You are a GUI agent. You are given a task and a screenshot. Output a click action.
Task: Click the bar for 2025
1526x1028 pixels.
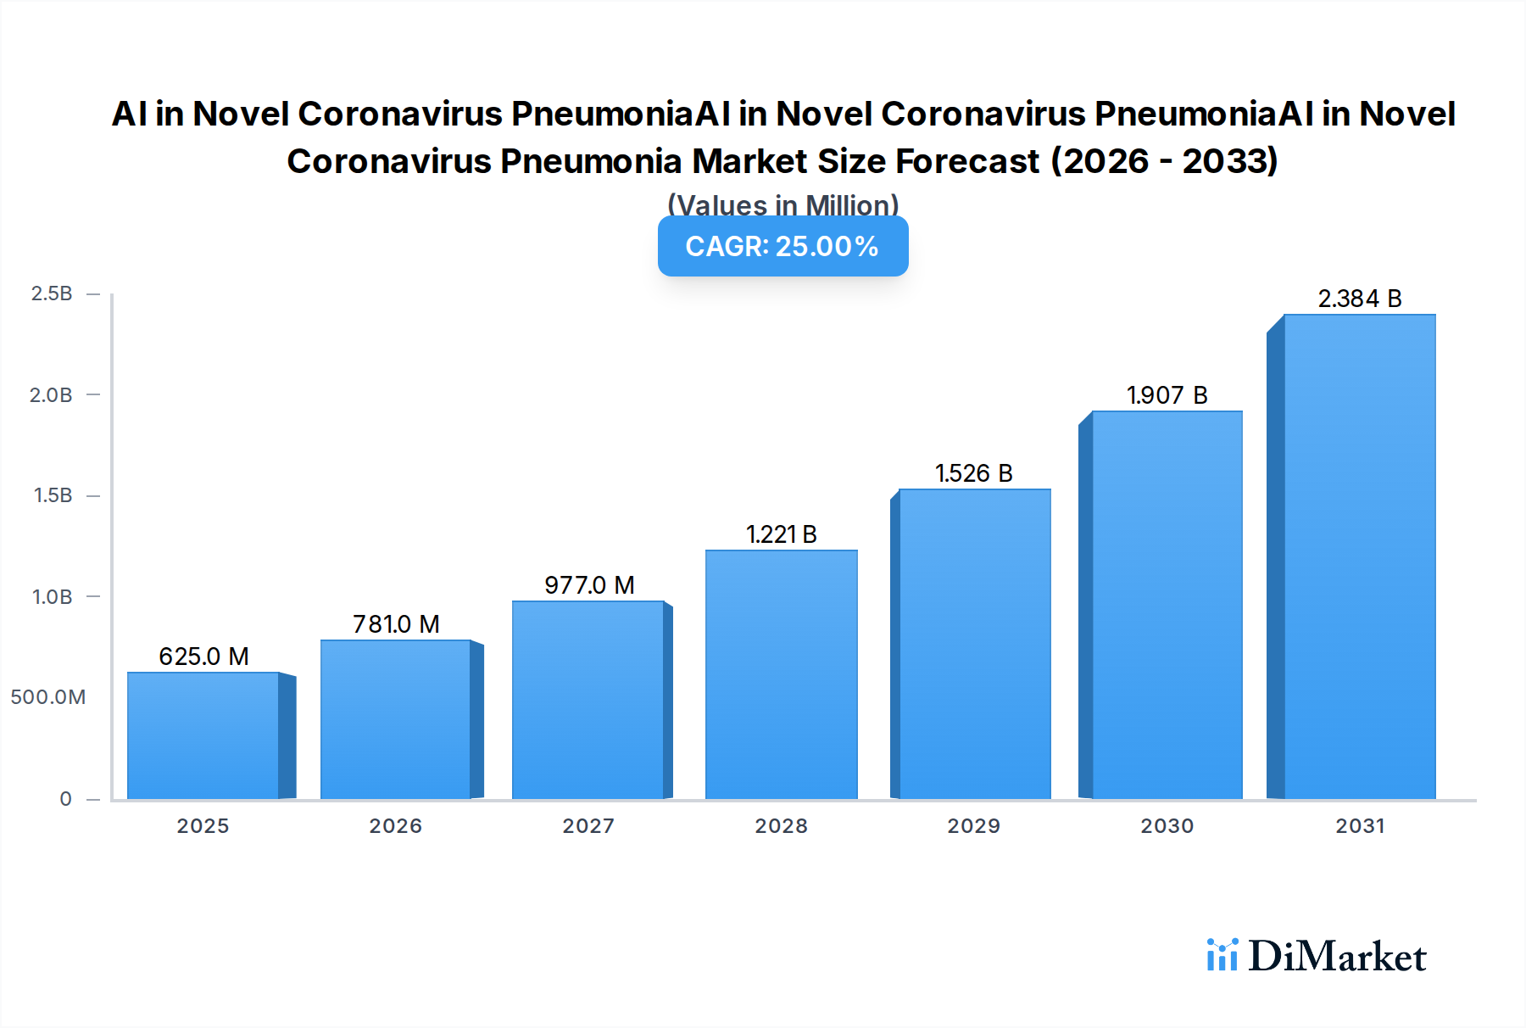point(203,735)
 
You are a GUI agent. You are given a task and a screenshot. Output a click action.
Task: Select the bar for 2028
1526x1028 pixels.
point(781,674)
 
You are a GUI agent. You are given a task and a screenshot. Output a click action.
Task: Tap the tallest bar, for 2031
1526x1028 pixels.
point(1359,556)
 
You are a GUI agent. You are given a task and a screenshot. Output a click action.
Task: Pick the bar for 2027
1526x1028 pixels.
point(588,700)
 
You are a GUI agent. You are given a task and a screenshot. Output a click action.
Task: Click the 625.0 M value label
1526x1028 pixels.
point(203,656)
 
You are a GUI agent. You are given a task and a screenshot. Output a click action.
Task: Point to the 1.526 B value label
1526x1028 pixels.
point(973,473)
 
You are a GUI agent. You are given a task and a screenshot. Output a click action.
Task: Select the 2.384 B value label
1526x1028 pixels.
point(1359,299)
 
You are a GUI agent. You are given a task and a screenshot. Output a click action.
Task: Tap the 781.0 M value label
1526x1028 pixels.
point(396,624)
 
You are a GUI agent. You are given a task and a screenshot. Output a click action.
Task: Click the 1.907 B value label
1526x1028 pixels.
point(1167,395)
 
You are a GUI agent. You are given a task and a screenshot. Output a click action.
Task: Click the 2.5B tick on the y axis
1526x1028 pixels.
point(52,293)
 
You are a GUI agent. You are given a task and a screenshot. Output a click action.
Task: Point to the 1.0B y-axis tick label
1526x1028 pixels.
point(52,596)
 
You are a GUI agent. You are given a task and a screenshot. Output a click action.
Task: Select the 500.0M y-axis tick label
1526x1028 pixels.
point(48,697)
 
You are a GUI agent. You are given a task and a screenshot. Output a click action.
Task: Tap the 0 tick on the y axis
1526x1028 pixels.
point(65,798)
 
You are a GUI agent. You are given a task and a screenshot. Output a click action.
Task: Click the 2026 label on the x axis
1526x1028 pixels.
point(395,826)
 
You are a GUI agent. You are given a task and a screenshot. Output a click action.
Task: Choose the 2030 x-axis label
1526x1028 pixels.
point(1167,826)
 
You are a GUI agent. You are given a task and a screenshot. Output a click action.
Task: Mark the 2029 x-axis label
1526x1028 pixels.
point(973,826)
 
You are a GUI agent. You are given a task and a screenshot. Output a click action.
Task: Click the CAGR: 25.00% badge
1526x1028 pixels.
point(782,246)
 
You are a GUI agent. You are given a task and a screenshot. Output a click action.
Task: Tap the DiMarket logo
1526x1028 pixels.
point(1317,957)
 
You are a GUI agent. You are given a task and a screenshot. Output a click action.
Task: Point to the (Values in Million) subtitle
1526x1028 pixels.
point(782,204)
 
